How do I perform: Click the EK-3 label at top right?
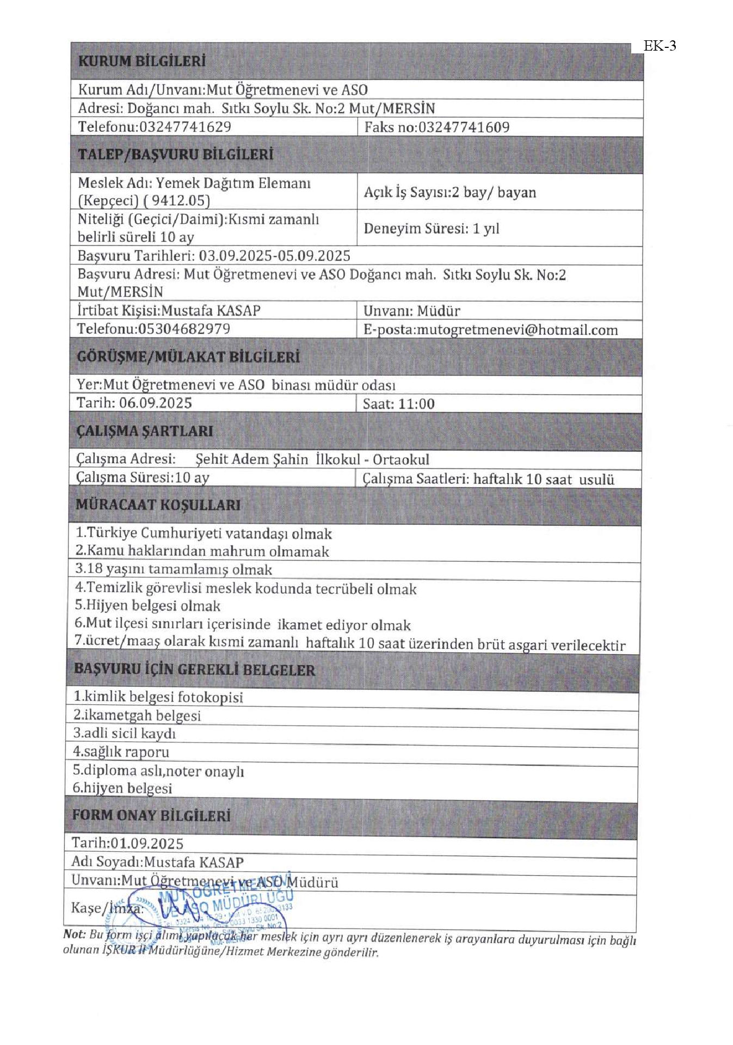[x=660, y=46]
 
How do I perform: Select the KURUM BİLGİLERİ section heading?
[x=141, y=61]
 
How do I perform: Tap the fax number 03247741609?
[x=464, y=127]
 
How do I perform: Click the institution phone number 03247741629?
[x=185, y=127]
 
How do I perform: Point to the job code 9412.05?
[x=181, y=201]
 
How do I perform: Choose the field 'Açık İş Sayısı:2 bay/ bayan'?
[x=449, y=192]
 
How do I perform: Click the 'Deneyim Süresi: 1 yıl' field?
[x=431, y=229]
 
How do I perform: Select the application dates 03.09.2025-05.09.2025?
[x=274, y=256]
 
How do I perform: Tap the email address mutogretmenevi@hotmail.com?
[x=517, y=330]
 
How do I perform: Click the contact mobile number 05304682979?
[x=184, y=329]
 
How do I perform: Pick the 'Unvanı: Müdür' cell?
[x=411, y=311]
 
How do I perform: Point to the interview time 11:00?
[x=416, y=404]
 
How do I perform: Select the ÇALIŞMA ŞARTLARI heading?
[x=144, y=431]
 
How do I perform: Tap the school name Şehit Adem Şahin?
[x=251, y=459]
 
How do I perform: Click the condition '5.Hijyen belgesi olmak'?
[x=147, y=606]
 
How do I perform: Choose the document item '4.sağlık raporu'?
[x=121, y=752]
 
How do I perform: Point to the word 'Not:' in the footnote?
[x=75, y=934]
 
